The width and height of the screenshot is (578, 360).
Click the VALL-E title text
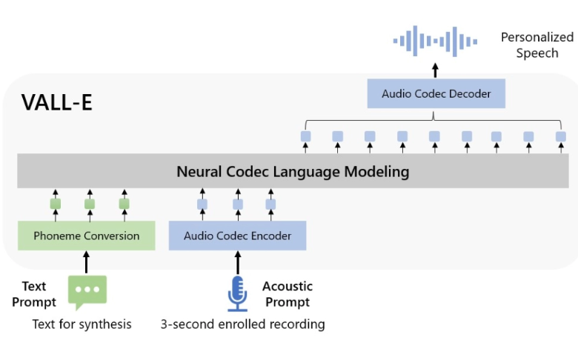(57, 102)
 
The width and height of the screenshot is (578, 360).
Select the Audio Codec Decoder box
(436, 93)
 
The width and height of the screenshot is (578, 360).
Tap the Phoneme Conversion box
(86, 236)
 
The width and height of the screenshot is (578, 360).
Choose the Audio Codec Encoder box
(237, 236)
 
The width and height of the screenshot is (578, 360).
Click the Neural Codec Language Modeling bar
(293, 171)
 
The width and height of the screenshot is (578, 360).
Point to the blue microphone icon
(237, 293)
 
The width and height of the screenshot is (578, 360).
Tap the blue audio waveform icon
(435, 41)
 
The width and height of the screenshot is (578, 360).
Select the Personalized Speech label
(537, 45)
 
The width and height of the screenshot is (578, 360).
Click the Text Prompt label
(34, 294)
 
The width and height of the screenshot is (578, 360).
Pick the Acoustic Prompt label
(288, 294)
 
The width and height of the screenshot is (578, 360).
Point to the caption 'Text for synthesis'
(82, 324)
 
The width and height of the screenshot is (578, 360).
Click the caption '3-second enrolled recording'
(243, 324)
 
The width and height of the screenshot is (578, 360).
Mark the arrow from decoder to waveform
(435, 70)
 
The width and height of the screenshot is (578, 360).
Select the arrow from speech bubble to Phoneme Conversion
(86, 262)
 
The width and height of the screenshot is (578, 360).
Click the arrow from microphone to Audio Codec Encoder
(238, 263)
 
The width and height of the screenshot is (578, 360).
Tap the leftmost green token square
(56, 204)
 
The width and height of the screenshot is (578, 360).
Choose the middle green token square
(90, 204)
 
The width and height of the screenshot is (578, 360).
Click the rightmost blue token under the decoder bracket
(561, 137)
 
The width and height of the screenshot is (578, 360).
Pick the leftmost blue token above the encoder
(202, 204)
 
